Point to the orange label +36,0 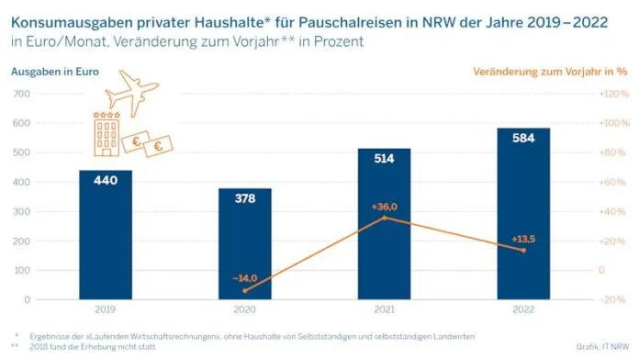click(x=384, y=207)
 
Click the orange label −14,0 click(x=245, y=276)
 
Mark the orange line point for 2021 click(x=384, y=218)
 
